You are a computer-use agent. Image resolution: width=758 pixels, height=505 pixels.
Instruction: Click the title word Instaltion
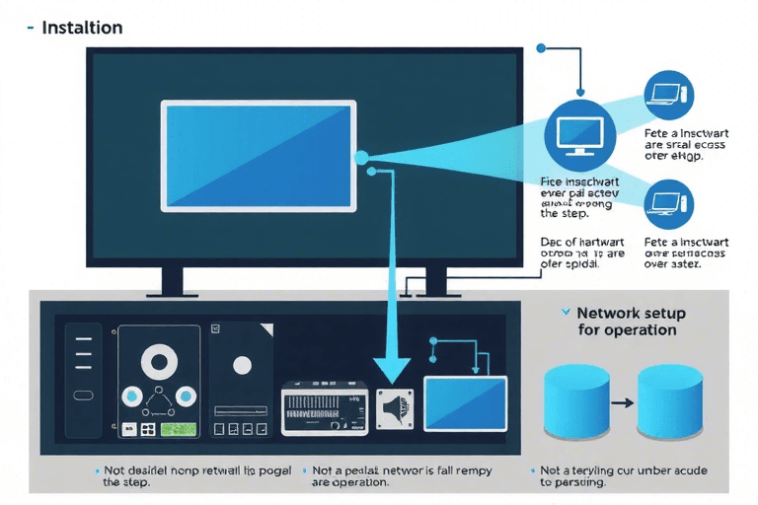click(82, 28)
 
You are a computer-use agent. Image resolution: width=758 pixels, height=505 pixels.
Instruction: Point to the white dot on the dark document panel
click(242, 364)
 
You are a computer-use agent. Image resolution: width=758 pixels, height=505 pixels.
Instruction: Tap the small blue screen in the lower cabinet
click(465, 402)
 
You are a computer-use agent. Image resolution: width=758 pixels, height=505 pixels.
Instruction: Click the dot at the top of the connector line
click(539, 46)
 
